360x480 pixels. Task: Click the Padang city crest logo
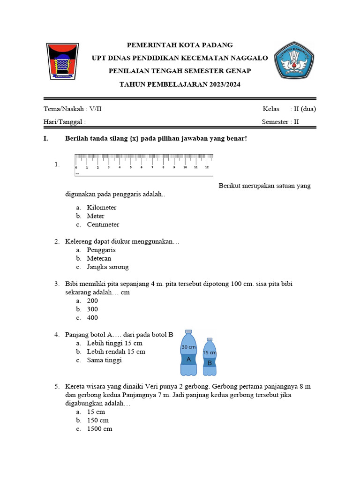(62, 61)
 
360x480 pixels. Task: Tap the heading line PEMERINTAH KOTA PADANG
(180, 45)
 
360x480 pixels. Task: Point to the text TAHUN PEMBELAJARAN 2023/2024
(180, 84)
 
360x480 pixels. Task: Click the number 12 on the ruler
(207, 167)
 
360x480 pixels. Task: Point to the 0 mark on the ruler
(76, 167)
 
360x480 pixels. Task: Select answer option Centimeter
(103, 225)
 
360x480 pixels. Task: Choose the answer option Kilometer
(101, 208)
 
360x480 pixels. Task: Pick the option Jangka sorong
(107, 267)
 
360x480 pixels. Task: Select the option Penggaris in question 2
(101, 250)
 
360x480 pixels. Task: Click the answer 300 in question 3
(92, 309)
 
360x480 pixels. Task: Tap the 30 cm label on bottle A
(188, 347)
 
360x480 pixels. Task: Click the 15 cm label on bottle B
(210, 353)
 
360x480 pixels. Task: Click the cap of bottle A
(188, 331)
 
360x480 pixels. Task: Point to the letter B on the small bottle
(210, 363)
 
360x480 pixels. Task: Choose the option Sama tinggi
(104, 360)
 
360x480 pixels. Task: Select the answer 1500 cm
(99, 429)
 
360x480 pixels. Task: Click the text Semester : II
(280, 122)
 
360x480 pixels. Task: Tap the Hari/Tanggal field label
(64, 122)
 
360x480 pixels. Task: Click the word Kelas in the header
(271, 109)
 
